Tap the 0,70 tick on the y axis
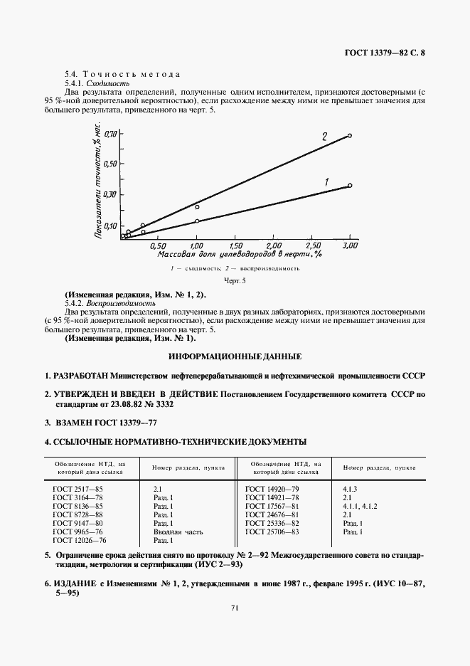pyautogui.click(x=111, y=134)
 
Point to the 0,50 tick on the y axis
pyautogui.click(x=111, y=164)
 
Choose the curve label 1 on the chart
pyautogui.click(x=326, y=183)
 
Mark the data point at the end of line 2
pyautogui.click(x=350, y=134)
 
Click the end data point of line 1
pyautogui.click(x=350, y=186)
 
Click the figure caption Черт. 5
pyautogui.click(x=234, y=282)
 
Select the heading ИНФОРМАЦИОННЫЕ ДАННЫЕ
pyautogui.click(x=235, y=356)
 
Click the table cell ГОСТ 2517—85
pyautogui.click(x=78, y=489)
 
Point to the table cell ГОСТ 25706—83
pyautogui.click(x=272, y=532)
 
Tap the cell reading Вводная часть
pyautogui.click(x=177, y=532)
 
